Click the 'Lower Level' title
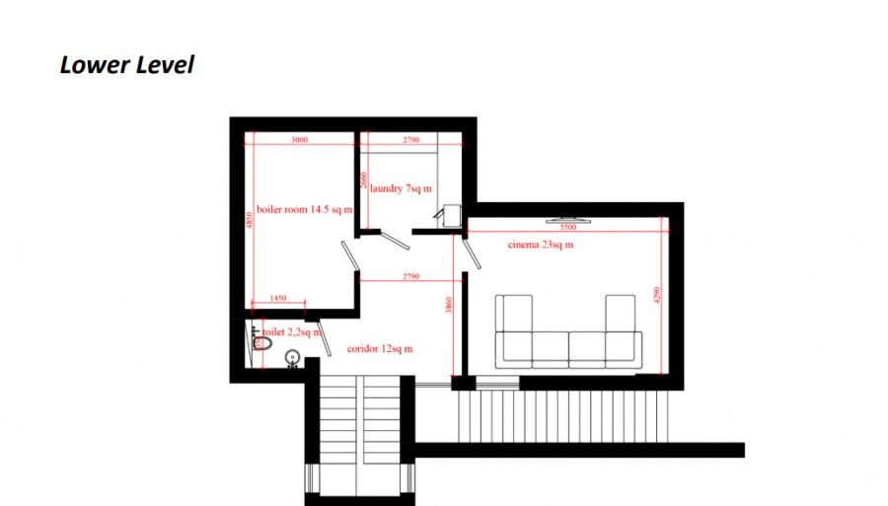127,66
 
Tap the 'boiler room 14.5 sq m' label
303,209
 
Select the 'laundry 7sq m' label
401,187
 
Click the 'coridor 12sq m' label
380,349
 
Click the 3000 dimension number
299,140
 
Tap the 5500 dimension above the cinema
568,226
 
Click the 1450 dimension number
277,298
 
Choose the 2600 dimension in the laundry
364,181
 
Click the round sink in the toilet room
292,356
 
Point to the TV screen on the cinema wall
568,217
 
